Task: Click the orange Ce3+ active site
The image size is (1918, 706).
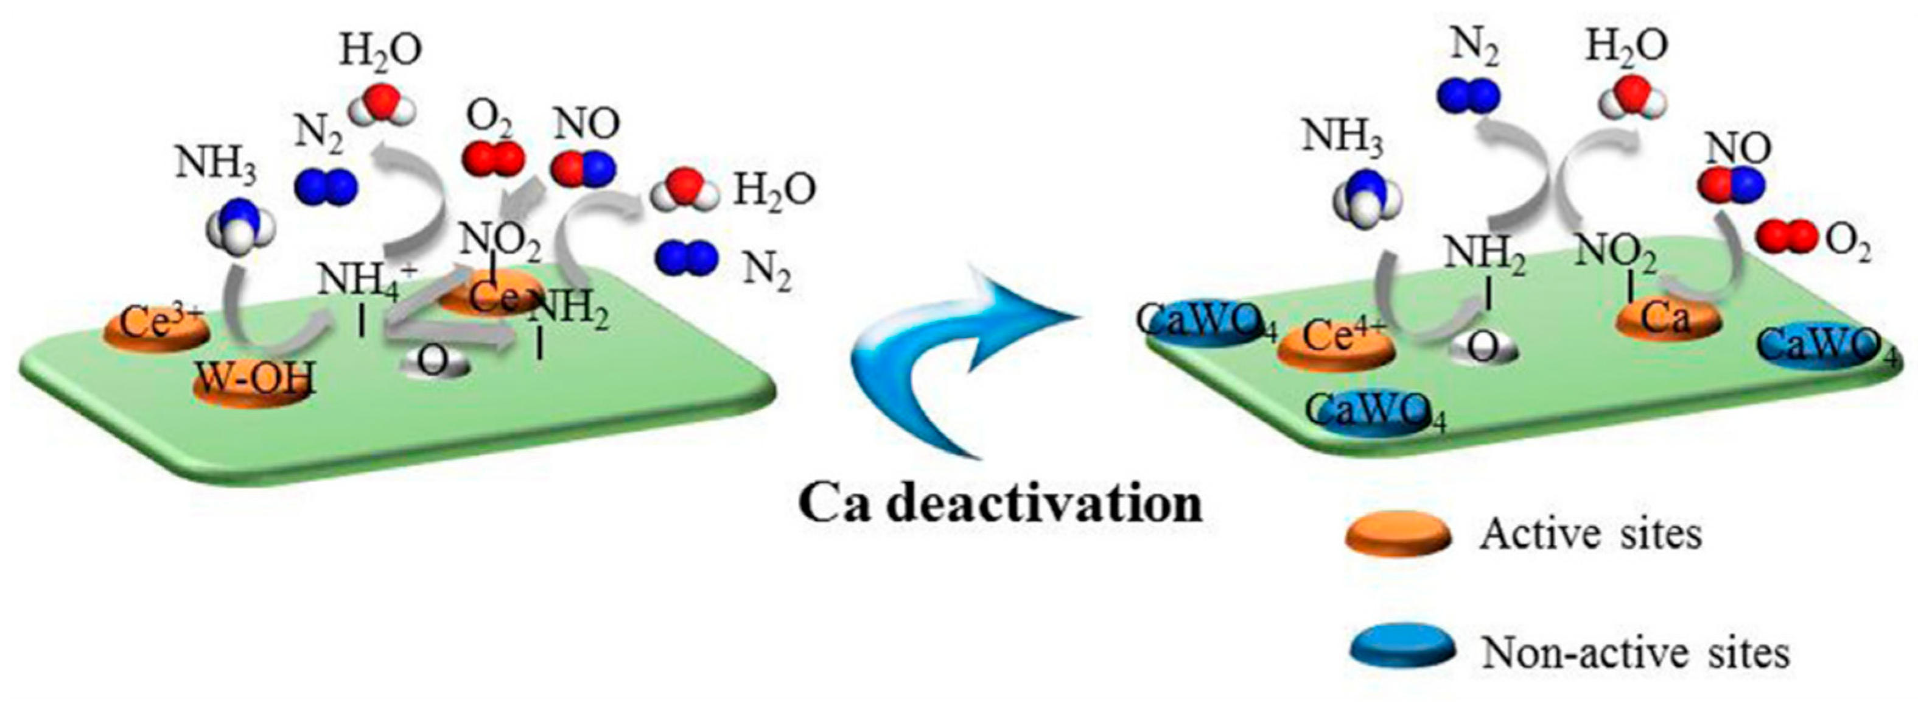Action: [155, 329]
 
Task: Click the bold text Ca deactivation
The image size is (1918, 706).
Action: [1001, 504]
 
